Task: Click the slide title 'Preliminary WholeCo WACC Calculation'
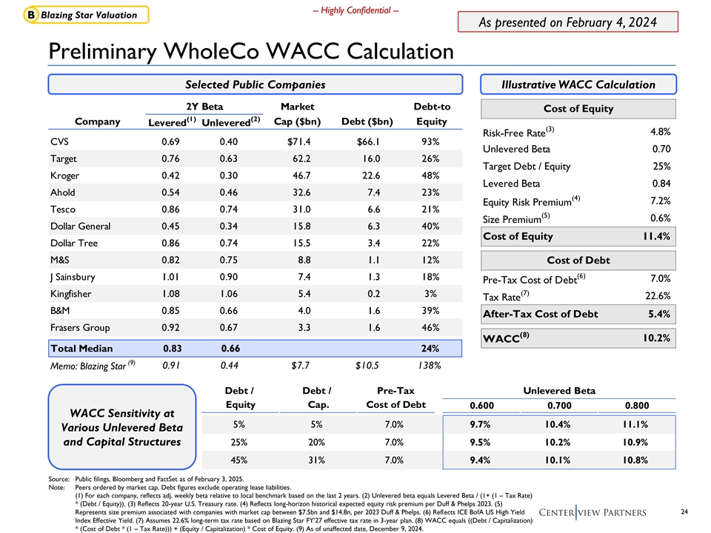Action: click(x=250, y=51)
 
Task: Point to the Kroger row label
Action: click(x=65, y=175)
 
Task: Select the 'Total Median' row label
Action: click(x=81, y=348)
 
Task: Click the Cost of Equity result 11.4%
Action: click(x=655, y=236)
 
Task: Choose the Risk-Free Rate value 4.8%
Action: click(x=659, y=132)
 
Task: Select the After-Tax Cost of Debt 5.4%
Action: click(x=659, y=314)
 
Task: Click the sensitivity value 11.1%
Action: click(x=638, y=425)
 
